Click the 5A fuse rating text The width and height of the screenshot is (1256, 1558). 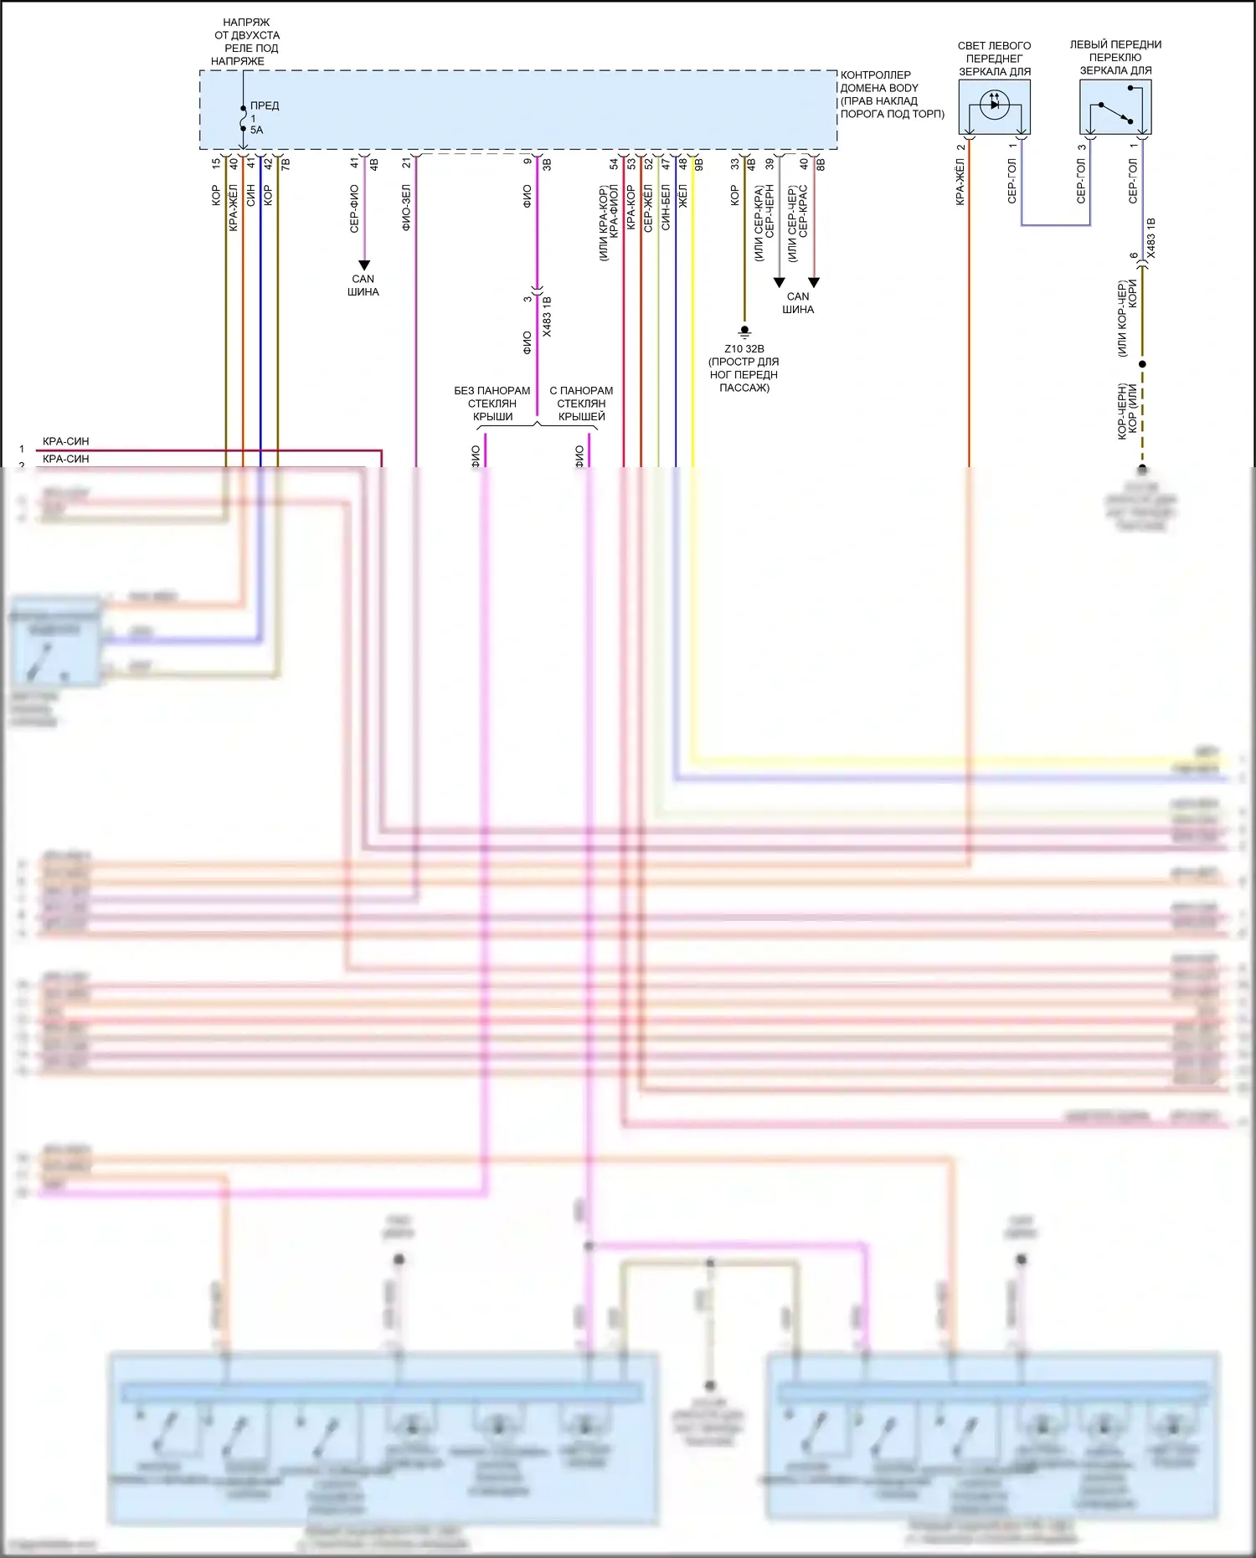click(x=256, y=130)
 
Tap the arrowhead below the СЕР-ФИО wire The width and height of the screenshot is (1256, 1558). click(x=363, y=265)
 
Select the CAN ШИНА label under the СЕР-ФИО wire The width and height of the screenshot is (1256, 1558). click(x=363, y=285)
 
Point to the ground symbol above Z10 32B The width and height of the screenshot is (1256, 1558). click(x=744, y=332)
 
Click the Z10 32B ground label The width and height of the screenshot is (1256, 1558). click(x=744, y=349)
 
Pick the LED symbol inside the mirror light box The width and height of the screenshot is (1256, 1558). click(x=995, y=105)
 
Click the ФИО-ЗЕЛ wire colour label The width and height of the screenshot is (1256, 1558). click(x=406, y=208)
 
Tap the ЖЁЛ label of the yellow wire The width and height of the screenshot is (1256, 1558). click(x=683, y=196)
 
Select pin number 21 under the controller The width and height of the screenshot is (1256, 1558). click(x=406, y=163)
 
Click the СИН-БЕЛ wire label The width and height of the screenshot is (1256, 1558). click(x=666, y=208)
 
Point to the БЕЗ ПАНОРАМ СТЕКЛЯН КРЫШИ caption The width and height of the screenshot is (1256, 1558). click(x=492, y=404)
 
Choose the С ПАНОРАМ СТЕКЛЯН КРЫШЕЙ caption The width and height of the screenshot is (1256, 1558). click(x=581, y=404)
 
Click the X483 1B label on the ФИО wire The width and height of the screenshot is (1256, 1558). click(x=547, y=316)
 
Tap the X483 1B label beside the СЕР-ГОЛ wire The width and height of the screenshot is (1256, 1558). click(x=1151, y=238)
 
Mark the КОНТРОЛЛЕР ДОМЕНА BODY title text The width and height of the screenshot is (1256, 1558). click(x=892, y=94)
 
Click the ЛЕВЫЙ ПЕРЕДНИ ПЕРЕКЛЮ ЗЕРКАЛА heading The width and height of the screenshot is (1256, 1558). click(x=1115, y=58)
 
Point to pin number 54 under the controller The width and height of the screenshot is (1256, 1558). click(x=614, y=164)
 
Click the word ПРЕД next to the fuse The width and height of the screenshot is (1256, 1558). click(x=265, y=105)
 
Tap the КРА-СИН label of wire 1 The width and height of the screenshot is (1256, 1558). click(x=65, y=441)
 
